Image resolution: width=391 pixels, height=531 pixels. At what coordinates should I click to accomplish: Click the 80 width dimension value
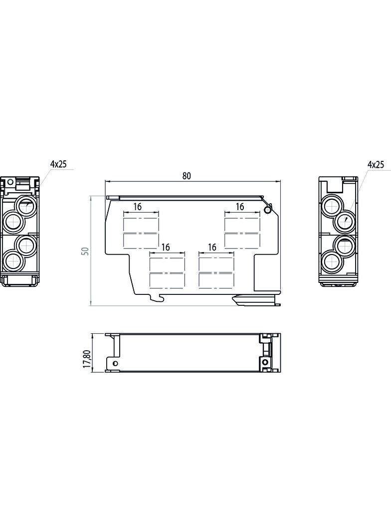[186, 176]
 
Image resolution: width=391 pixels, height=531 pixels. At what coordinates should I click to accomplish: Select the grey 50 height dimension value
[85, 251]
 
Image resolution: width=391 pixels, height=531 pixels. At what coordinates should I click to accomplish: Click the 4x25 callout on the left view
[58, 164]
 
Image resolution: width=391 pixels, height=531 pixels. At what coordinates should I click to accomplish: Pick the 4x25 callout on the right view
[376, 164]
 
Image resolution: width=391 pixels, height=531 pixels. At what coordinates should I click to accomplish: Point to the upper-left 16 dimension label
[138, 207]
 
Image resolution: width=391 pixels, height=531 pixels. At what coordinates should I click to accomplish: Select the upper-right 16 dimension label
[240, 207]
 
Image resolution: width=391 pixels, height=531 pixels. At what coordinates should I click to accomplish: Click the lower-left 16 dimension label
[166, 247]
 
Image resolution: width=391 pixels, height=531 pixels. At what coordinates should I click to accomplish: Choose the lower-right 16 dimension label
[212, 247]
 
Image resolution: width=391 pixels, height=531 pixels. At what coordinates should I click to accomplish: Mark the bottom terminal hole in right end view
[330, 261]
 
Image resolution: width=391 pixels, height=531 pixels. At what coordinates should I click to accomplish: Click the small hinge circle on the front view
[268, 210]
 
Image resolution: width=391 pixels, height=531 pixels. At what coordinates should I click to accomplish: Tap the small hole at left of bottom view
[111, 362]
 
